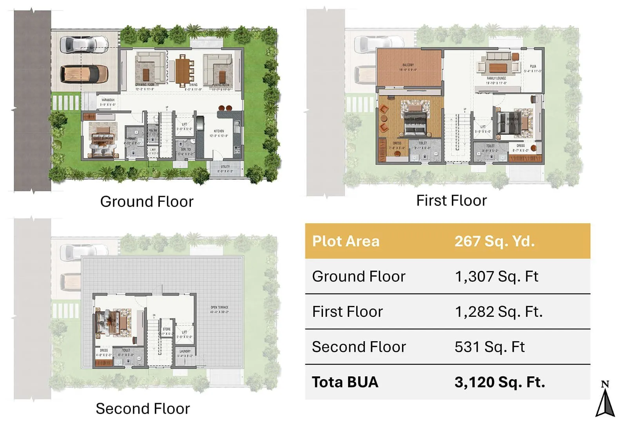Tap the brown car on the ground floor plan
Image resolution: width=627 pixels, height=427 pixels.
pos(84,74)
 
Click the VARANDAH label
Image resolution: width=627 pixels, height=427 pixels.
pos(108,100)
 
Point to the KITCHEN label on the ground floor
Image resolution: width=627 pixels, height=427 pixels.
pos(219,131)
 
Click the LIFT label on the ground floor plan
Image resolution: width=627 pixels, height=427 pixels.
pos(184,125)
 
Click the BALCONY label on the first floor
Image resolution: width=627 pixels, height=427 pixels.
pos(408,65)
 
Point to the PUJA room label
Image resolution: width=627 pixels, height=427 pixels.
pos(533,67)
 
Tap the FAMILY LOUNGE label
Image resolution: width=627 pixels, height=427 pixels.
pos(496,78)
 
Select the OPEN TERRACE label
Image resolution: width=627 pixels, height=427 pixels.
pos(219,307)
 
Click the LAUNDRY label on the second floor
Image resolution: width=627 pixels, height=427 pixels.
pos(185,351)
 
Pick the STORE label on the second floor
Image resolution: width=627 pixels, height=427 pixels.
pos(167,329)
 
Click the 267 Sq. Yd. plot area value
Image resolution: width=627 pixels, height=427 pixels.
pos(495,241)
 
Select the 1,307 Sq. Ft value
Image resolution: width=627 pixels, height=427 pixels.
pos(497,276)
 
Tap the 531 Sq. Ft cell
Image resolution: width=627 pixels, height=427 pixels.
pos(489,347)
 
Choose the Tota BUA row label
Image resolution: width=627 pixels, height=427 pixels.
pos(345,382)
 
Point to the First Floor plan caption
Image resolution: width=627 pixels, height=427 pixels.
pos(451,201)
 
